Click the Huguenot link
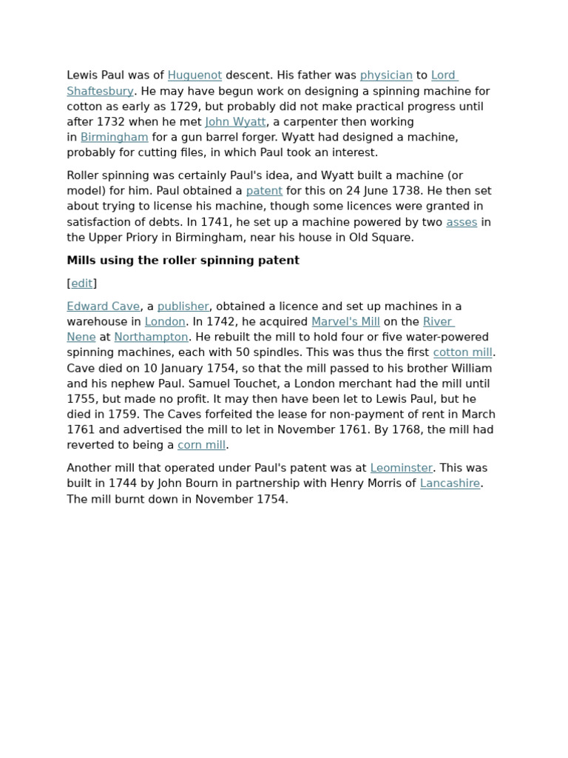(x=195, y=76)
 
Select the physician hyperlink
(x=386, y=76)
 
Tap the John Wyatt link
(x=235, y=122)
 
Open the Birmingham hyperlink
(x=115, y=138)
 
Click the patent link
(x=264, y=191)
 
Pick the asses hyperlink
(x=461, y=222)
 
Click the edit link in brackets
(x=82, y=284)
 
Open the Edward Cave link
(x=103, y=306)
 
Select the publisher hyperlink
(x=183, y=306)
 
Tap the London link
(x=165, y=322)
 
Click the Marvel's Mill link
(x=345, y=322)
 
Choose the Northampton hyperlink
(x=151, y=338)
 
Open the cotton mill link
(x=462, y=353)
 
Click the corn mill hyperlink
(x=201, y=446)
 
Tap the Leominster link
(x=402, y=469)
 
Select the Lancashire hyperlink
(x=450, y=484)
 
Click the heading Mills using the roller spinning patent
(x=183, y=261)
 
